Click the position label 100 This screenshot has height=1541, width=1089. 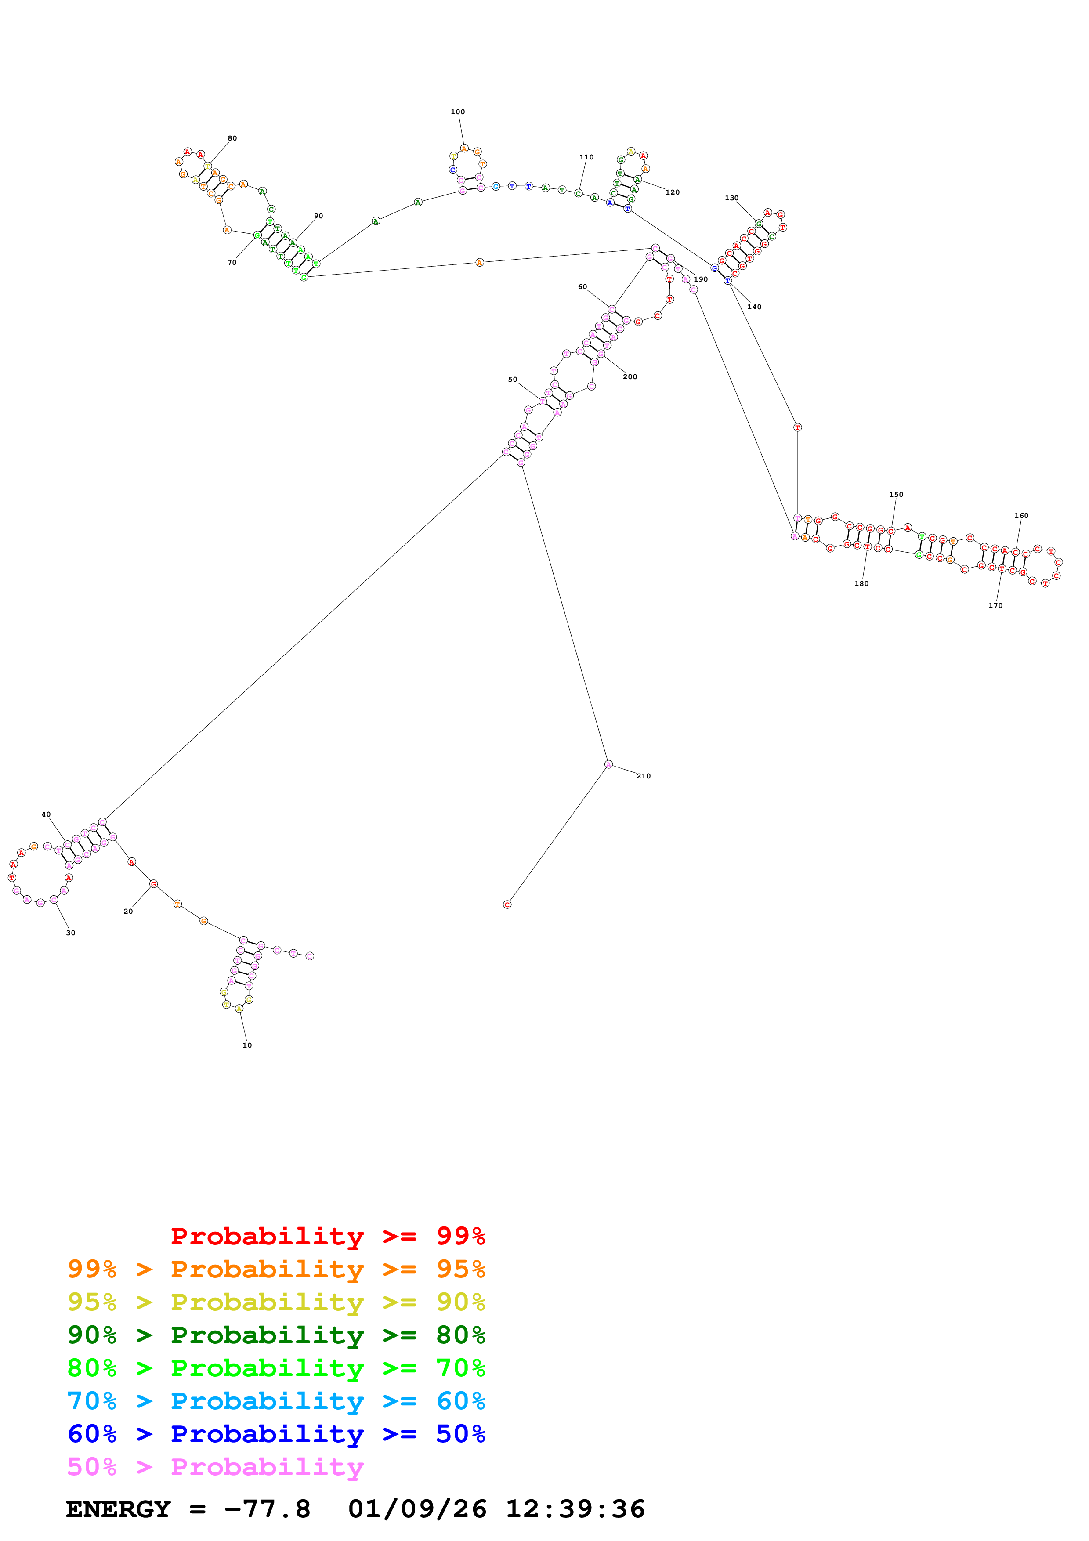pyautogui.click(x=458, y=112)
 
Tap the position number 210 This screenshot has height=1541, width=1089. pyautogui.click(x=644, y=776)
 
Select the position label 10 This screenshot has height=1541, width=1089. pyautogui.click(x=247, y=1045)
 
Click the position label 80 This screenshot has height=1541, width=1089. pyautogui.click(x=232, y=138)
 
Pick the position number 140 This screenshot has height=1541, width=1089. pyautogui.click(x=754, y=307)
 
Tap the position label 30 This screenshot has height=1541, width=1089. pyautogui.click(x=70, y=933)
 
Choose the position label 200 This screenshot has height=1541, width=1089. pyautogui.click(x=630, y=376)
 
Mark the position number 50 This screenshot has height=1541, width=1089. pyautogui.click(x=513, y=379)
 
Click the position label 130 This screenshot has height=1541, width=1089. pyautogui.click(x=731, y=198)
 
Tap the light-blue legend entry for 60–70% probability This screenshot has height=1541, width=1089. pyautogui.click(x=276, y=1401)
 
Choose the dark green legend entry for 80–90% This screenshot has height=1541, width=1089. pyautogui.click(x=276, y=1335)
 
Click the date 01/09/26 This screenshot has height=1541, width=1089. pyautogui.click(x=417, y=1509)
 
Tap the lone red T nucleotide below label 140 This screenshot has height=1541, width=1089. pyautogui.click(x=797, y=427)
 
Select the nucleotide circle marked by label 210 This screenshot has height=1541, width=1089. pyautogui.click(x=608, y=764)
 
